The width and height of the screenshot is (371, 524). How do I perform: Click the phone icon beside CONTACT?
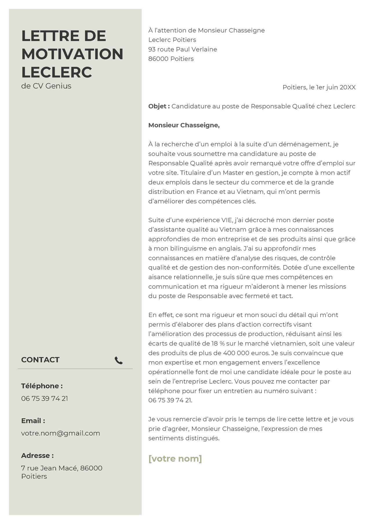[119, 360]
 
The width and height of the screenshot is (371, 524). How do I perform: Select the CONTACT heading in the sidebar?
[40, 360]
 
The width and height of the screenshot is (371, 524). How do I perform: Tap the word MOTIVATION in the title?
[72, 54]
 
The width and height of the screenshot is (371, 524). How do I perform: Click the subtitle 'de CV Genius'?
[46, 86]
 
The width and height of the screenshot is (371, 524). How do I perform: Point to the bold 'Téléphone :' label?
[42, 386]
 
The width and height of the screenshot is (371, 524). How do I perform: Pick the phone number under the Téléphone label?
[44, 398]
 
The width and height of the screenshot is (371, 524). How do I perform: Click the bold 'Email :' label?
[33, 421]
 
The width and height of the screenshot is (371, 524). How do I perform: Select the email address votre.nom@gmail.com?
[60, 433]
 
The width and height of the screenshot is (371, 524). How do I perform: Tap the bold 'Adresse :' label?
[37, 455]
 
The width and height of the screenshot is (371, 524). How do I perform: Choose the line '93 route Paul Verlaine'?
[183, 49]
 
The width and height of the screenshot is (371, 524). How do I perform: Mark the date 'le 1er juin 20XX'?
[332, 87]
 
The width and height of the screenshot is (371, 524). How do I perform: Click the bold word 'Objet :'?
[159, 106]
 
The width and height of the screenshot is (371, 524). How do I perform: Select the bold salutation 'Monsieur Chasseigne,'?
[184, 125]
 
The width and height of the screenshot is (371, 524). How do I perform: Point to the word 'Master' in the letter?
[233, 173]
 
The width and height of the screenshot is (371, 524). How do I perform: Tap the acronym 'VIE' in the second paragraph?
[227, 220]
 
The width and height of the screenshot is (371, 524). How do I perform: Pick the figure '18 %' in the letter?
[218, 343]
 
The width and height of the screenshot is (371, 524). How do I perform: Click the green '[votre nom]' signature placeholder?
[175, 459]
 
